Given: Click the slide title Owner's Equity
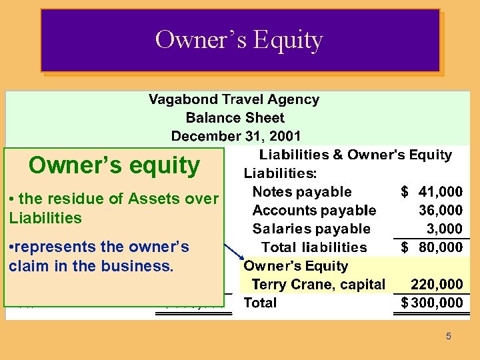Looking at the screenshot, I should [x=239, y=40].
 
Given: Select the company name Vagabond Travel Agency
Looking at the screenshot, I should [x=233, y=99].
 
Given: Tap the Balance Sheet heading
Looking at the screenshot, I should [x=235, y=118].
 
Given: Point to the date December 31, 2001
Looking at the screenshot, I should [x=236, y=136].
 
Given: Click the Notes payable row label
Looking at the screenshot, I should [x=301, y=192].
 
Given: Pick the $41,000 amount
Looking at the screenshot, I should [x=431, y=192].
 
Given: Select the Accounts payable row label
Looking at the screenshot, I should [x=314, y=211].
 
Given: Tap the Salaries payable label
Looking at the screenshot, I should [x=311, y=229].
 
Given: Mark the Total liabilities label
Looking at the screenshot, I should [x=314, y=247].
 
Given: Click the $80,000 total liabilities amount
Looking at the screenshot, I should [x=431, y=247].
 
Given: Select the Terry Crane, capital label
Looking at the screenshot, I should [x=318, y=285].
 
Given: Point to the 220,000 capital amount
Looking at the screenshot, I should [x=437, y=285].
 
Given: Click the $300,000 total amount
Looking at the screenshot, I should [x=431, y=303].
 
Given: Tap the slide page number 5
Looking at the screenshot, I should [x=448, y=337].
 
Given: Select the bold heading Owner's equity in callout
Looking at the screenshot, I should [x=114, y=165].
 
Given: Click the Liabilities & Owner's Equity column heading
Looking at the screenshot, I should [x=355, y=155].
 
